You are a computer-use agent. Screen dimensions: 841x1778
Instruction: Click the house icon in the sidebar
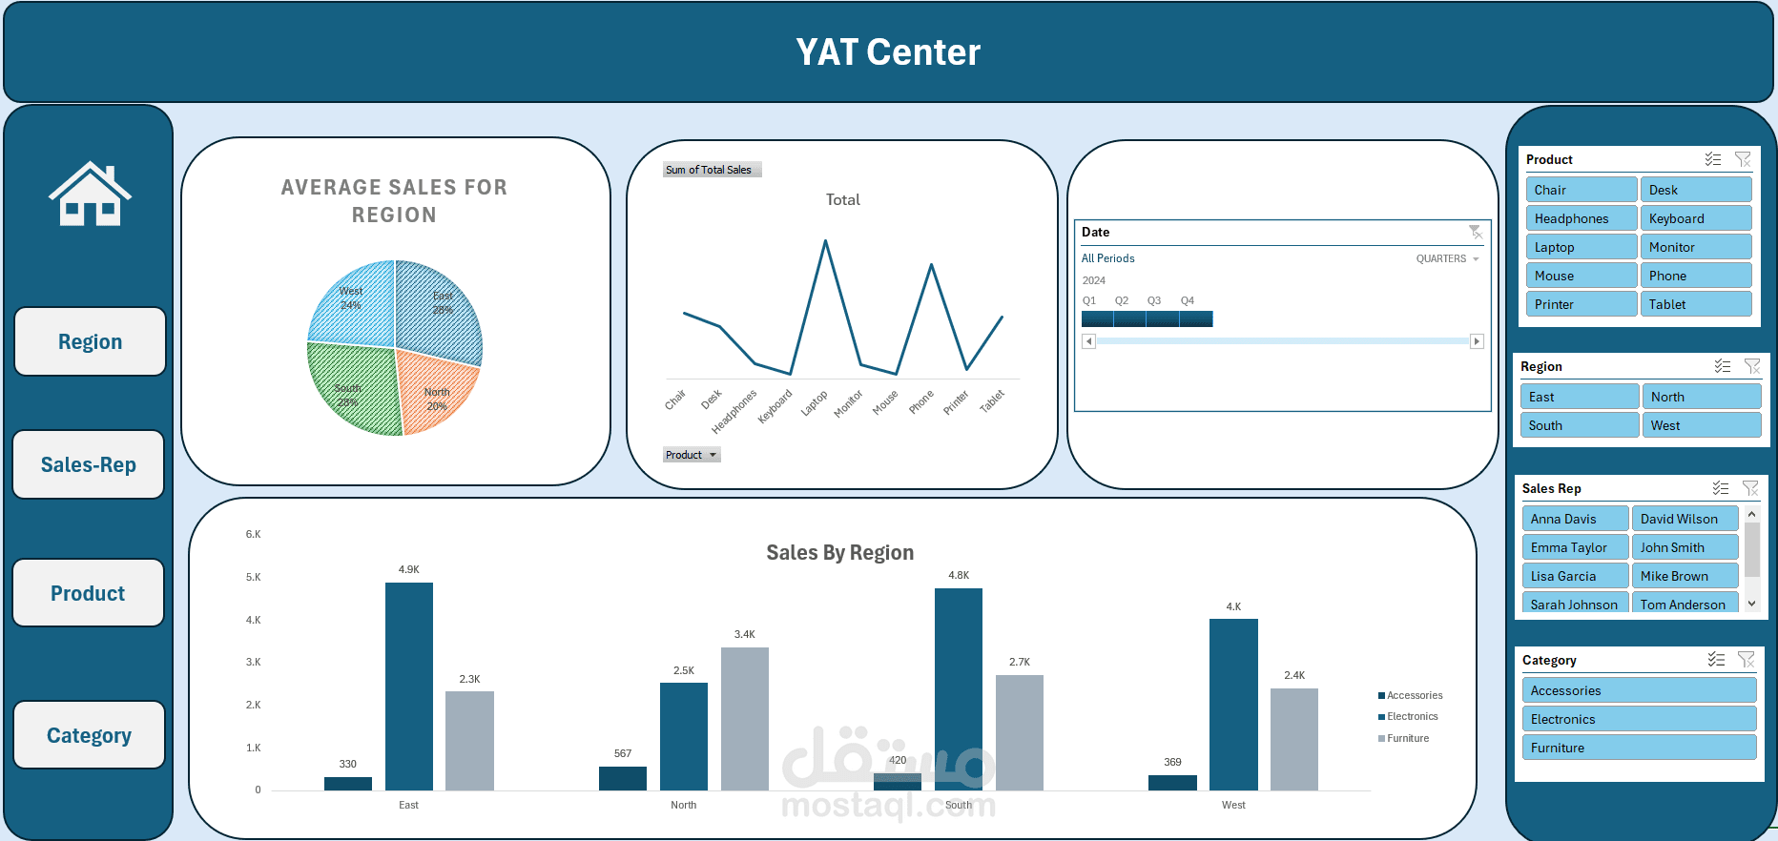pyautogui.click(x=90, y=195)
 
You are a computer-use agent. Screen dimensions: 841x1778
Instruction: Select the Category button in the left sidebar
pyautogui.click(x=90, y=735)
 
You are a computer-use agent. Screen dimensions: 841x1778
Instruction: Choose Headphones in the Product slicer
pyautogui.click(x=1581, y=218)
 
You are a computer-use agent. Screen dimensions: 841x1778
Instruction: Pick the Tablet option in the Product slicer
pyautogui.click(x=1695, y=304)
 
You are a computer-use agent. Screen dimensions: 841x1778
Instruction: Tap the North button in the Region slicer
pyautogui.click(x=1700, y=397)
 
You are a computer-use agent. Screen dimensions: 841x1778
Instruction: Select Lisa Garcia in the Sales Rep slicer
pyautogui.click(x=1574, y=576)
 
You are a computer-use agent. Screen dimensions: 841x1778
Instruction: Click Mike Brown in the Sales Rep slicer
pyautogui.click(x=1684, y=576)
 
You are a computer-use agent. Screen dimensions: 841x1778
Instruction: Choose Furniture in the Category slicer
pyautogui.click(x=1638, y=748)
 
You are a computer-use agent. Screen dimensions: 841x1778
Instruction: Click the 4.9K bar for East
pyautogui.click(x=408, y=687)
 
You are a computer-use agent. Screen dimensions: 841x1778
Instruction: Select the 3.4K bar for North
pyautogui.click(x=744, y=719)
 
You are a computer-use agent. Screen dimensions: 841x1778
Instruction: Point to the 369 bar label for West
pyautogui.click(x=1172, y=762)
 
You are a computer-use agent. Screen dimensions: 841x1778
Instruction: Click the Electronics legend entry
pyautogui.click(x=1411, y=716)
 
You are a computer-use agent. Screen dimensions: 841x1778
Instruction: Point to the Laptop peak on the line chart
pyautogui.click(x=825, y=241)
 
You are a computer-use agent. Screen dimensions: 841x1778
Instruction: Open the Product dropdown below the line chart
pyautogui.click(x=692, y=455)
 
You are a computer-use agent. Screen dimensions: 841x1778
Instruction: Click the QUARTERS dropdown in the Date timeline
pyautogui.click(x=1447, y=258)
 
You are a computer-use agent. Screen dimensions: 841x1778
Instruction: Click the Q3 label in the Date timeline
pyautogui.click(x=1153, y=300)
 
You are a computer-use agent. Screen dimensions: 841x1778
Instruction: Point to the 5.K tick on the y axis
pyautogui.click(x=253, y=577)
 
